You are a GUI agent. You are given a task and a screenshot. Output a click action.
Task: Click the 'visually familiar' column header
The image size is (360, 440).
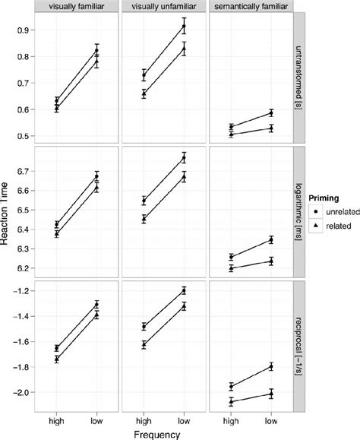tap(77, 6)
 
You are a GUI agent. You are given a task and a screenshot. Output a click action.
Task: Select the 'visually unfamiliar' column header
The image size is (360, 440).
tap(163, 6)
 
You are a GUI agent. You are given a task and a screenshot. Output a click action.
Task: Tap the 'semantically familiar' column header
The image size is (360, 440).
tap(250, 6)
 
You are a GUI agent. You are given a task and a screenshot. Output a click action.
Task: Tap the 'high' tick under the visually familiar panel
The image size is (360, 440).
tap(56, 419)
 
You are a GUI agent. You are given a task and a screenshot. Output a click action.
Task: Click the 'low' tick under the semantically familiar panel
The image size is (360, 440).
tap(270, 419)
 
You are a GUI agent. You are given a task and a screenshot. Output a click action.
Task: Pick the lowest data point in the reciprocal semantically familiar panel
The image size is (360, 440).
tap(229, 401)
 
